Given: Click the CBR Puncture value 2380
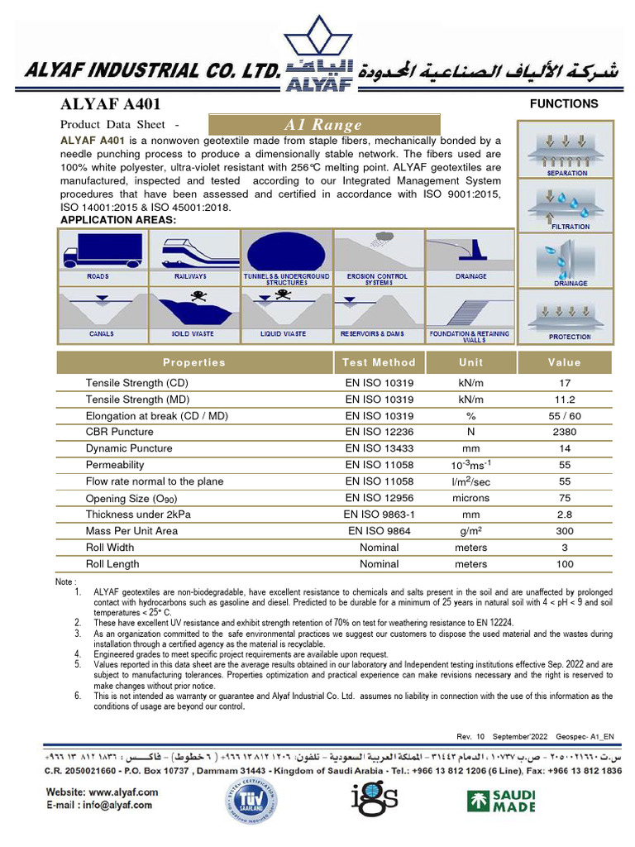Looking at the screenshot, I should click(x=565, y=432).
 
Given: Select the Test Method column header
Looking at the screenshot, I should click(x=379, y=362).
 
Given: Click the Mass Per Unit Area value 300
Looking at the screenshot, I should click(x=565, y=531).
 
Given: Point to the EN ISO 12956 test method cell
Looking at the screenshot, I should click(x=379, y=498).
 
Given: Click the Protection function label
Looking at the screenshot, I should click(x=570, y=337).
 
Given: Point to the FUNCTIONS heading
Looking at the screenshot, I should click(x=564, y=104).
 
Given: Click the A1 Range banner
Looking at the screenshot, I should click(x=322, y=125).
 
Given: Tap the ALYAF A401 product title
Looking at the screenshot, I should click(x=111, y=105).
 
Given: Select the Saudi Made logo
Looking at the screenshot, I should click(x=500, y=800).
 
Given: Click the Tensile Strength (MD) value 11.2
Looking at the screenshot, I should click(x=565, y=399).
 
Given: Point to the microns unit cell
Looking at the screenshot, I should click(x=470, y=498).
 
